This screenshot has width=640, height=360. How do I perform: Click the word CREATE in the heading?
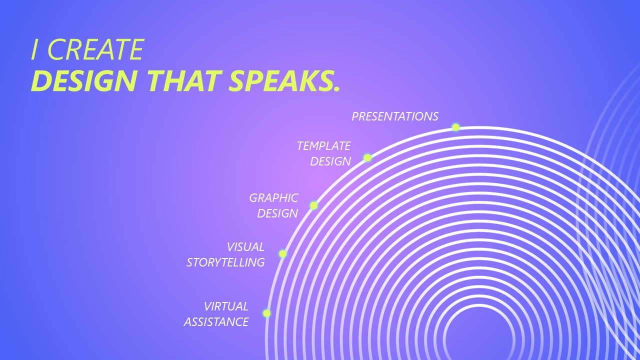[96, 49]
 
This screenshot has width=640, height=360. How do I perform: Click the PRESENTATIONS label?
[395, 116]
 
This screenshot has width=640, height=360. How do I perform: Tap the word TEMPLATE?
[323, 146]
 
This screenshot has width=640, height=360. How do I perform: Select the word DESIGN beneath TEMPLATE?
[330, 161]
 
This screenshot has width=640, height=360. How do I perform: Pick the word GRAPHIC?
[273, 198]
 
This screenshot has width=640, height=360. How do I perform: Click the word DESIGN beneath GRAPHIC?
[277, 213]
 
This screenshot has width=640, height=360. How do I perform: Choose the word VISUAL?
[245, 247]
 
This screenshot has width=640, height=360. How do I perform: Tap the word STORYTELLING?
[225, 262]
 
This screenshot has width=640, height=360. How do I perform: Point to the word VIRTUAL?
[226, 306]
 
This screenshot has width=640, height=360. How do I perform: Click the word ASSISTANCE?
[216, 322]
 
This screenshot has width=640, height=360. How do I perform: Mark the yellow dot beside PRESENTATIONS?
[455, 127]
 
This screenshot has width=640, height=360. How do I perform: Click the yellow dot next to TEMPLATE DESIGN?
[367, 157]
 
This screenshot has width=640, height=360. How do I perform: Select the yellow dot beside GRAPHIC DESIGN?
[313, 205]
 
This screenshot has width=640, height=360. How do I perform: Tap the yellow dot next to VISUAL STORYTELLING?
[282, 253]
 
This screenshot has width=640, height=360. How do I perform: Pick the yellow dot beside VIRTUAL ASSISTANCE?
[266, 313]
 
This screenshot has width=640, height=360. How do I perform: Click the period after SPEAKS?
[336, 89]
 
